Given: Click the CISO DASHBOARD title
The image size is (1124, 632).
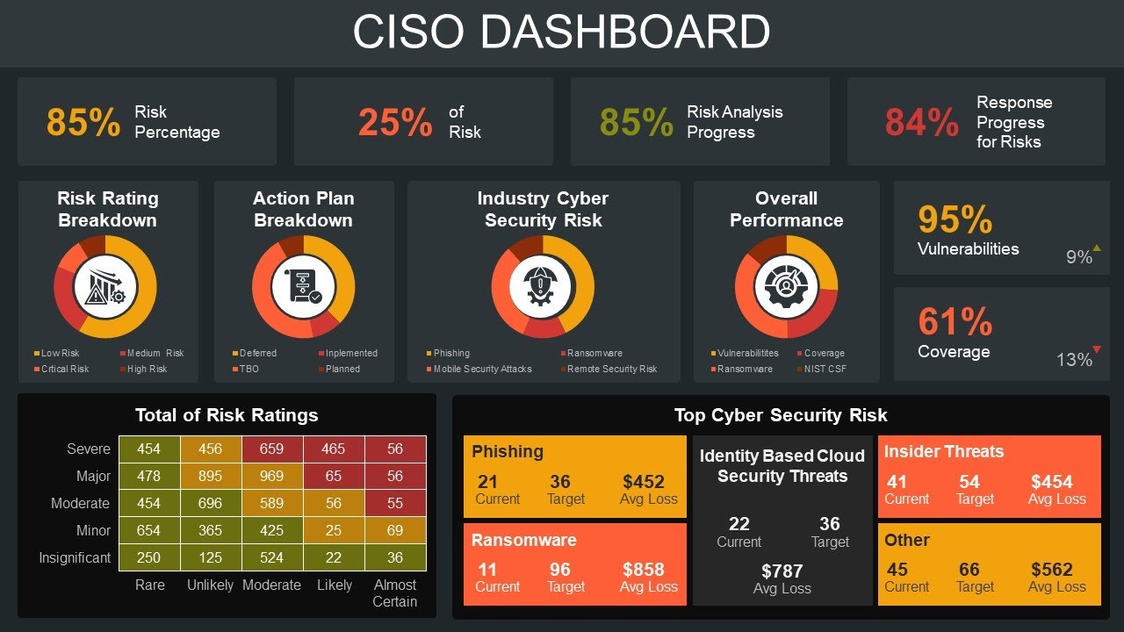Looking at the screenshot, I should coord(561,32).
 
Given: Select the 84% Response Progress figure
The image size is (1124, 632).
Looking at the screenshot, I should coord(921,122).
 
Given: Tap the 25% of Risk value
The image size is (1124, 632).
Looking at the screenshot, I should coord(394,122).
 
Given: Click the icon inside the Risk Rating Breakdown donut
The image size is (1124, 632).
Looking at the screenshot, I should coord(105,287).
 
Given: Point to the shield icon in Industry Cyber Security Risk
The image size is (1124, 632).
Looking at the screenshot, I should coord(542,287).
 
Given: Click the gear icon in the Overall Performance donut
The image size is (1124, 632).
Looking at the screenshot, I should coord(786,287).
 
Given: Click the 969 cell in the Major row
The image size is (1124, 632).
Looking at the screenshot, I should coord(272,476).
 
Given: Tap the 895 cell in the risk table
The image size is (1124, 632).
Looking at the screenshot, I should coord(211,476).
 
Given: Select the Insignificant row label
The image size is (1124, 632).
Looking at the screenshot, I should coord(75,557).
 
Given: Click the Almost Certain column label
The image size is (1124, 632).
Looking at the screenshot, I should coord(395,592).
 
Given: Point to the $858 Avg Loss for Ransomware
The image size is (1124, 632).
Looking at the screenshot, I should coord(644,569).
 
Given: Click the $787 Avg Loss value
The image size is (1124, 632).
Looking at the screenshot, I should coord(782,571).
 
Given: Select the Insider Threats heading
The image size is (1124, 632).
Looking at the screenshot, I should coord(943,451).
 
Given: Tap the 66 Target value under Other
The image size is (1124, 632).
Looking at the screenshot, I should coord(969,569).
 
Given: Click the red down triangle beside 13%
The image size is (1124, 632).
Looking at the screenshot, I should coord(1097,350).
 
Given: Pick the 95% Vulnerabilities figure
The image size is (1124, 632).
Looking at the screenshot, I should coord(955,219).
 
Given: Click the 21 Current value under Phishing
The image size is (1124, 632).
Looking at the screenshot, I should coord(488,481).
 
